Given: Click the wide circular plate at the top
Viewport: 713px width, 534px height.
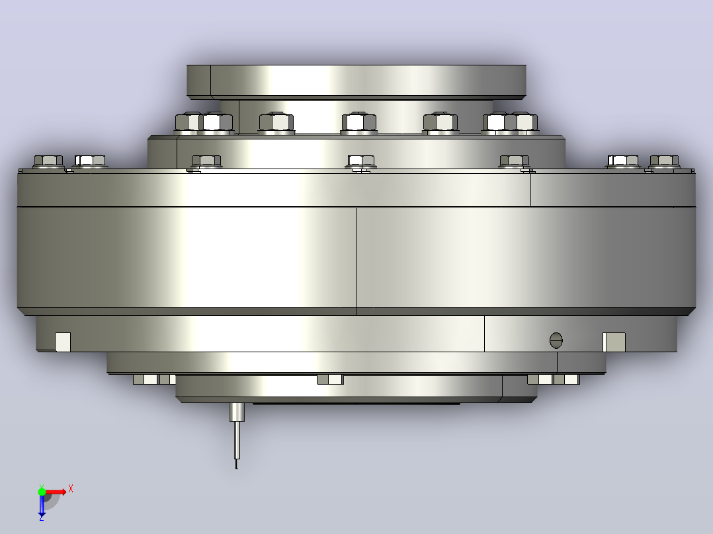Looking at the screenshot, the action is click(x=356, y=81).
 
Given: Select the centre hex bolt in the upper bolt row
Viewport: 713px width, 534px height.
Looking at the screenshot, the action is click(x=358, y=123).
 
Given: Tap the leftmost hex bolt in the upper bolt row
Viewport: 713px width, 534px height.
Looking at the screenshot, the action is click(x=188, y=123).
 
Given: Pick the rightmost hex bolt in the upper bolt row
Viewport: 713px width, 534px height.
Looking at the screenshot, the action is click(x=526, y=123).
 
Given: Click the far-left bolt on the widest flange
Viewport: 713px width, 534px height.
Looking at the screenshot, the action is click(x=48, y=161).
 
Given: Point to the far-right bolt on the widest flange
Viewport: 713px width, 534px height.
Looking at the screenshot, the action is click(x=664, y=161).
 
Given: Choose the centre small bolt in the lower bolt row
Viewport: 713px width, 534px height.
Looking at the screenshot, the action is click(x=361, y=162).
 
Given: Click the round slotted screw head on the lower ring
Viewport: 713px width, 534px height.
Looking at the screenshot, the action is click(x=556, y=340).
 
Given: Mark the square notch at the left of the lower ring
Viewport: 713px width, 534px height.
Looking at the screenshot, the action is click(x=63, y=342).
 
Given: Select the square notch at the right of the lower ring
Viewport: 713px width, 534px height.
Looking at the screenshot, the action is click(x=614, y=342).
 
